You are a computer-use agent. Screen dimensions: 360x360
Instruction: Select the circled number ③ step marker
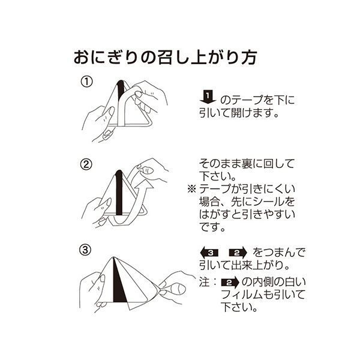[x=87, y=248]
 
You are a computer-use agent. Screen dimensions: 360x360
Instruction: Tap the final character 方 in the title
[x=249, y=58]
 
